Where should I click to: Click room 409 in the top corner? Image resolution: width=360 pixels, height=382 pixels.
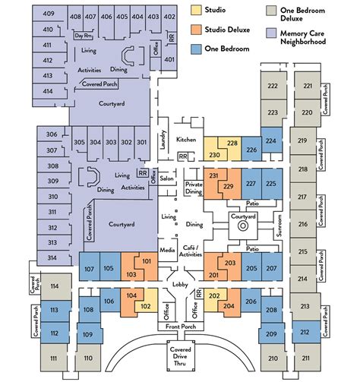[x=49, y=15]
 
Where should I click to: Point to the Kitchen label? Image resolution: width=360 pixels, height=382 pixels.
[x=187, y=140]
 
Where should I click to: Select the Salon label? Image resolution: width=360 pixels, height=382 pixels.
[x=167, y=179]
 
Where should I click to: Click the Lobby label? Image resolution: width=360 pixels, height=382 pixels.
[x=180, y=284]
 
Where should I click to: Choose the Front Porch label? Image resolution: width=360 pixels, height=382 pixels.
[x=180, y=327]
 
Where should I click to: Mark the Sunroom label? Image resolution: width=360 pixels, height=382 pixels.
[x=279, y=226]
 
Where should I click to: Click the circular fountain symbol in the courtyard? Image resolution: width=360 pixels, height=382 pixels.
[x=242, y=226]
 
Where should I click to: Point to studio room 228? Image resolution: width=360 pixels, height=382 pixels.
[x=232, y=144]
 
